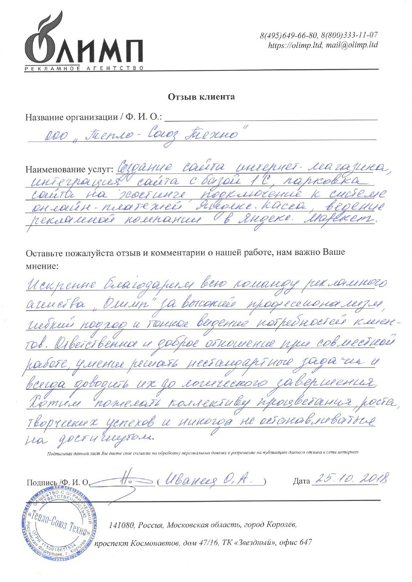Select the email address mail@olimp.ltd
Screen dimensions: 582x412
(x=352, y=45)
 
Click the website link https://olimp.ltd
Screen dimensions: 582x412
(x=295, y=45)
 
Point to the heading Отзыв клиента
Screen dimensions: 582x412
(x=201, y=97)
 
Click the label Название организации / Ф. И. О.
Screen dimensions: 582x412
(x=93, y=117)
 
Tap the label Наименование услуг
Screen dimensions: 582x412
(x=69, y=169)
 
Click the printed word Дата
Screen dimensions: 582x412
(x=302, y=481)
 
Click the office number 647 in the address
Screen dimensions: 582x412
(x=305, y=542)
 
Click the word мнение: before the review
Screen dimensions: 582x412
(x=42, y=266)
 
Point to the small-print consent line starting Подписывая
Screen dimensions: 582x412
(x=203, y=453)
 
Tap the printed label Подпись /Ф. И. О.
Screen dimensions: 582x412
(x=57, y=482)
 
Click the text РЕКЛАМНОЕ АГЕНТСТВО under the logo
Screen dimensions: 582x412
(x=84, y=68)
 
